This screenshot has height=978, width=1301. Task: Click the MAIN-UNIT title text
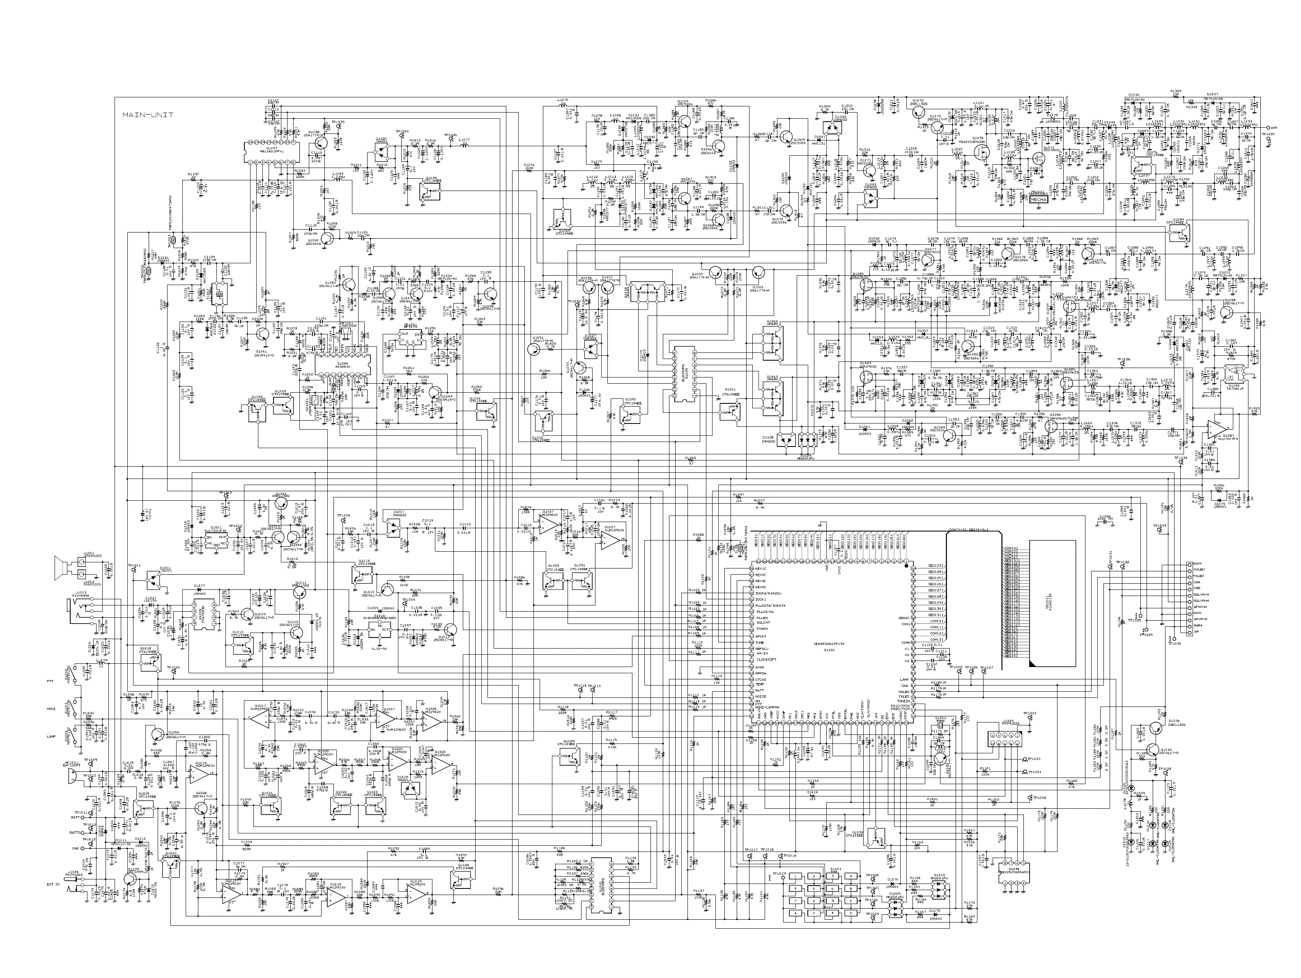click(147, 115)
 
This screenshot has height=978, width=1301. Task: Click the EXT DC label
click(54, 900)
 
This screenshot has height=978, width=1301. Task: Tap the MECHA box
click(1039, 200)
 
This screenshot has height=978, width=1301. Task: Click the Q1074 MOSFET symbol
click(980, 154)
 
